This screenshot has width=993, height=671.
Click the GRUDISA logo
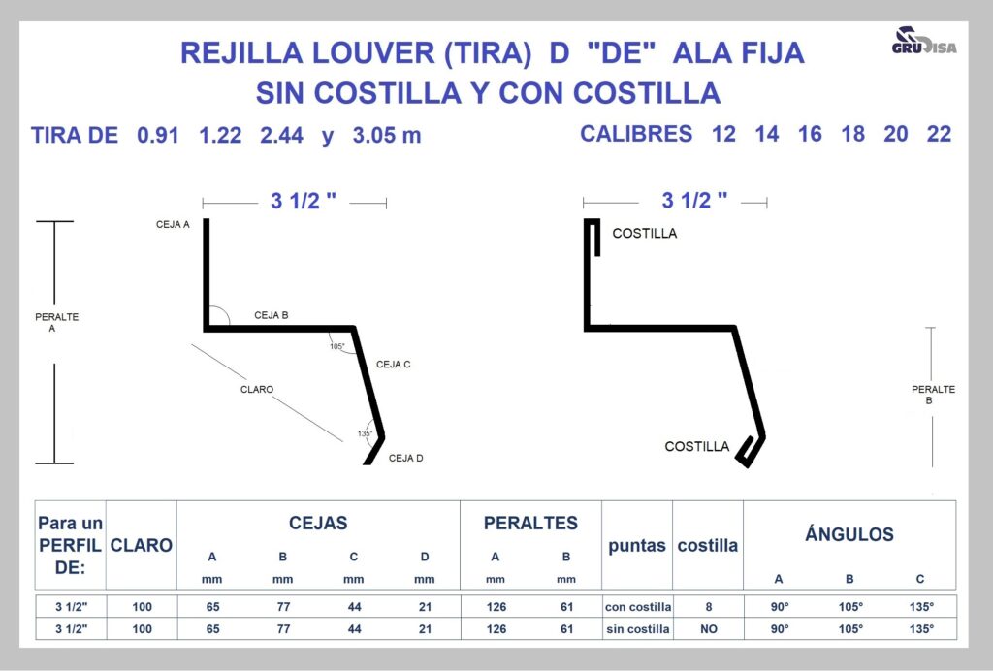click(924, 41)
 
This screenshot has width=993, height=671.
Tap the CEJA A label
click(173, 224)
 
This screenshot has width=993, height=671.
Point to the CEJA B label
click(272, 315)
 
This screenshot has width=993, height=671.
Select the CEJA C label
click(394, 365)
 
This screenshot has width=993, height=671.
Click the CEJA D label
click(406, 459)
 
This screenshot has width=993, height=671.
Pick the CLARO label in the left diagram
click(256, 389)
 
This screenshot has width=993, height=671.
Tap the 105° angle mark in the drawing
click(337, 346)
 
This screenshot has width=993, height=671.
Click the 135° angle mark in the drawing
click(365, 433)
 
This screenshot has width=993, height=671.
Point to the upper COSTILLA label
click(645, 234)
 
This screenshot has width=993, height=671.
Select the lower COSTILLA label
click(696, 446)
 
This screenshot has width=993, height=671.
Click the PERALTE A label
click(56, 322)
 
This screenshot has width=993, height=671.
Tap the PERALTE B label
click(933, 395)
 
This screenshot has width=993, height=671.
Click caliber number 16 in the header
click(810, 134)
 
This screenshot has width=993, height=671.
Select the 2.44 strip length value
click(282, 135)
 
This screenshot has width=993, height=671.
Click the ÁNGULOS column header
click(849, 534)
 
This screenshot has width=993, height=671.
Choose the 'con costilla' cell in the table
click(638, 606)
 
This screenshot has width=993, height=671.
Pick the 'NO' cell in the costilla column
click(709, 629)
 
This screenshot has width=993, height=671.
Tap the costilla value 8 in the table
click(709, 606)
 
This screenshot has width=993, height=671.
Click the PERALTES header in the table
click(530, 523)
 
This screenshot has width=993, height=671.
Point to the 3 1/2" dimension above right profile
click(694, 201)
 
